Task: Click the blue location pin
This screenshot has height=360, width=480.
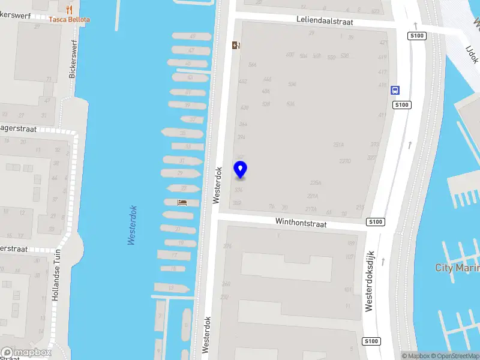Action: coord(240,169)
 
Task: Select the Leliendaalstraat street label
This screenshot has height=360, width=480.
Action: coord(325,20)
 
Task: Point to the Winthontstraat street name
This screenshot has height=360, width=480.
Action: coord(301,223)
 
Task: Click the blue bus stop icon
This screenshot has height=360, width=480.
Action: coord(395,91)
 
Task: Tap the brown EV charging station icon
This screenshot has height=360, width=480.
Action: coord(236,45)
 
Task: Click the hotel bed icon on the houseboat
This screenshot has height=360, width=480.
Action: coord(182,202)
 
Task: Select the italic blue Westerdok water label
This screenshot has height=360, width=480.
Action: coord(133,225)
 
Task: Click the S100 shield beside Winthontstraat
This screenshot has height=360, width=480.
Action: coord(375,222)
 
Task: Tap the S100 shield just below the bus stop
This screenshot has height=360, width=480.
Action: coord(401,105)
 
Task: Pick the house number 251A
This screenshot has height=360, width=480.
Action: coord(338,145)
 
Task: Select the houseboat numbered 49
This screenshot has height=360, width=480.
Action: coord(192,37)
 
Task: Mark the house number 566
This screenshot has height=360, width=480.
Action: coord(252,65)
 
